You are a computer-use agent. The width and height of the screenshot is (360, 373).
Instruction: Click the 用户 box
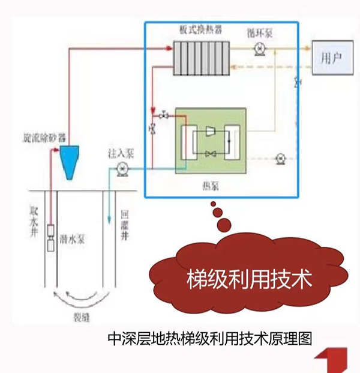tap(331, 58)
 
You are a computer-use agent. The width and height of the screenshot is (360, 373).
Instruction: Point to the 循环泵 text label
tap(259, 32)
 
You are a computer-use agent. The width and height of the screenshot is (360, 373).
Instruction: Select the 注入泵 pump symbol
tap(122, 170)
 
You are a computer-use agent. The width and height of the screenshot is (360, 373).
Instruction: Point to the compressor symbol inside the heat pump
tap(211, 132)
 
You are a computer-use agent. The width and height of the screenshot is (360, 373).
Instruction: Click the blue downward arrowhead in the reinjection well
tap(109, 219)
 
